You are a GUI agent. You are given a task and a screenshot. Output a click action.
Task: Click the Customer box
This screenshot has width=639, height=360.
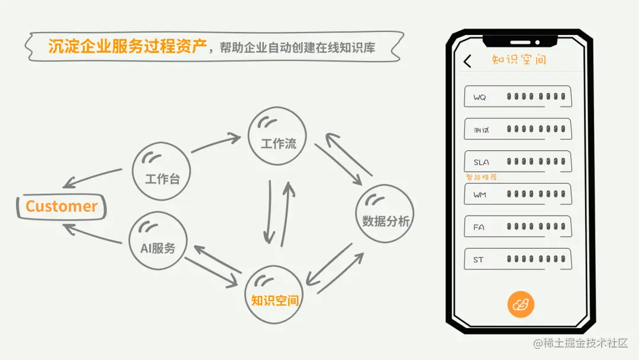pyautogui.click(x=62, y=207)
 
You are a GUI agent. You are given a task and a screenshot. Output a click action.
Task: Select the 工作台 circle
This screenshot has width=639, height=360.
pyautogui.click(x=162, y=171)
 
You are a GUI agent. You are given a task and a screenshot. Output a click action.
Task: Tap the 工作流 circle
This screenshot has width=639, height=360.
pyautogui.click(x=277, y=136)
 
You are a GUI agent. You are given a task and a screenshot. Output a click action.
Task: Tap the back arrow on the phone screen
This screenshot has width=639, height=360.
pyautogui.click(x=467, y=61)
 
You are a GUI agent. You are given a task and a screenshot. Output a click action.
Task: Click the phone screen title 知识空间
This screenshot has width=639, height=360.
pyautogui.click(x=519, y=60)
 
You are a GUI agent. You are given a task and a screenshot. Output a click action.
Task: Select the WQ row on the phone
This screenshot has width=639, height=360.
pyautogui.click(x=518, y=97)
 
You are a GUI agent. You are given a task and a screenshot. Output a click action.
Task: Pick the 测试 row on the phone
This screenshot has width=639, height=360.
pyautogui.click(x=518, y=129)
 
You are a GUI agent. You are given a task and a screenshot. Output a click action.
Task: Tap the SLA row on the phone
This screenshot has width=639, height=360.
pyautogui.click(x=518, y=162)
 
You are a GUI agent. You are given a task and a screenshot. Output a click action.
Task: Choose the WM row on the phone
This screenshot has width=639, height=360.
pyautogui.click(x=518, y=194)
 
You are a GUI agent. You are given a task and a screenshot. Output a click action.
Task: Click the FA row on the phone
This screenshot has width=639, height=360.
pyautogui.click(x=518, y=226)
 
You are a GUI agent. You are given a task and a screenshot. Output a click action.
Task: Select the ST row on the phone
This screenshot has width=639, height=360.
pyautogui.click(x=518, y=259)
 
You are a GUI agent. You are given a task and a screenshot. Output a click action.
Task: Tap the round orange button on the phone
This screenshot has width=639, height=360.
pyautogui.click(x=521, y=305)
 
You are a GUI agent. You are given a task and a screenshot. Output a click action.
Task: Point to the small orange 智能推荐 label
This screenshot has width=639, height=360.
pyautogui.click(x=481, y=177)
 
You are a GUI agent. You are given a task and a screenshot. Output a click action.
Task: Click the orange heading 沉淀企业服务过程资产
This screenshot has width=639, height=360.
pyautogui.click(x=128, y=47)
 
